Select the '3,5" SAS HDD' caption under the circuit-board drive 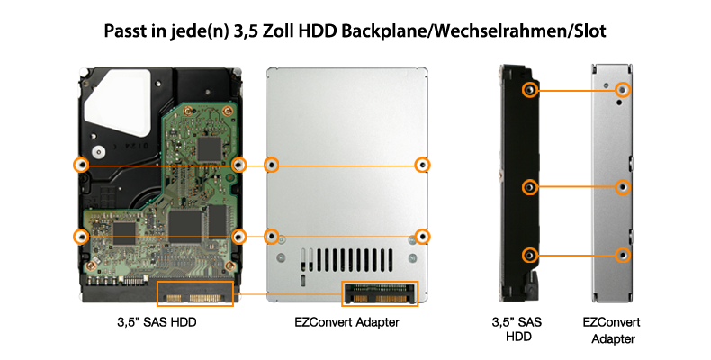[157, 322]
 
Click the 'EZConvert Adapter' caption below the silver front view [346, 322]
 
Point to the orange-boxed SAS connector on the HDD [195, 293]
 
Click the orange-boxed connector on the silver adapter [380, 293]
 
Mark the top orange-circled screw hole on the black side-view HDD [528, 90]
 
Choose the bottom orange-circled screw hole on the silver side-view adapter [623, 255]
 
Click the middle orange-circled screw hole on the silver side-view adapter [623, 187]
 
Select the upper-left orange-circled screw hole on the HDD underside [81, 165]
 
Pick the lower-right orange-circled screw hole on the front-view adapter [423, 236]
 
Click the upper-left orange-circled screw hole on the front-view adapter [271, 165]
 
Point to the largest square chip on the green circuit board [185, 228]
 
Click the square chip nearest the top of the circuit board [209, 148]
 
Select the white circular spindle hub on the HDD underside [98, 152]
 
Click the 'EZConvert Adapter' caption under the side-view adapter [612, 330]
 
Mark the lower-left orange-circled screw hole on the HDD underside [81, 236]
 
